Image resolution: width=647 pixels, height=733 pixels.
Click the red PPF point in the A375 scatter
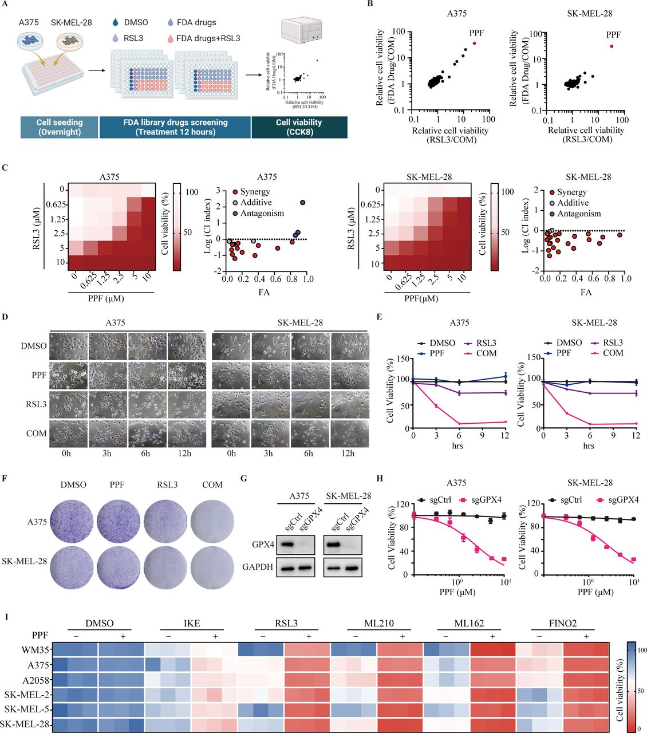[474, 44]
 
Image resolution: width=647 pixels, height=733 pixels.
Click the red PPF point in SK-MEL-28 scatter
[612, 46]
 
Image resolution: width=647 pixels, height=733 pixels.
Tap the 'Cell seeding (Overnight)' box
[60, 127]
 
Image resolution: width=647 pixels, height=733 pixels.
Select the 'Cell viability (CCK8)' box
[299, 127]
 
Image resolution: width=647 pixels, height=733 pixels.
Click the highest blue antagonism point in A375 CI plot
[303, 202]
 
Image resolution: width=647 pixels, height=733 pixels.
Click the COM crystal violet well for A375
[212, 522]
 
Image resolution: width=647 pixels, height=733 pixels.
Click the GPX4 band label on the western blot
[263, 545]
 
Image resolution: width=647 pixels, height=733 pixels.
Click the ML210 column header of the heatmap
[378, 623]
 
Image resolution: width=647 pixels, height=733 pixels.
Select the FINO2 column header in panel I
[563, 623]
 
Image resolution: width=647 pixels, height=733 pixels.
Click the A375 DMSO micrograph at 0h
[68, 346]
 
